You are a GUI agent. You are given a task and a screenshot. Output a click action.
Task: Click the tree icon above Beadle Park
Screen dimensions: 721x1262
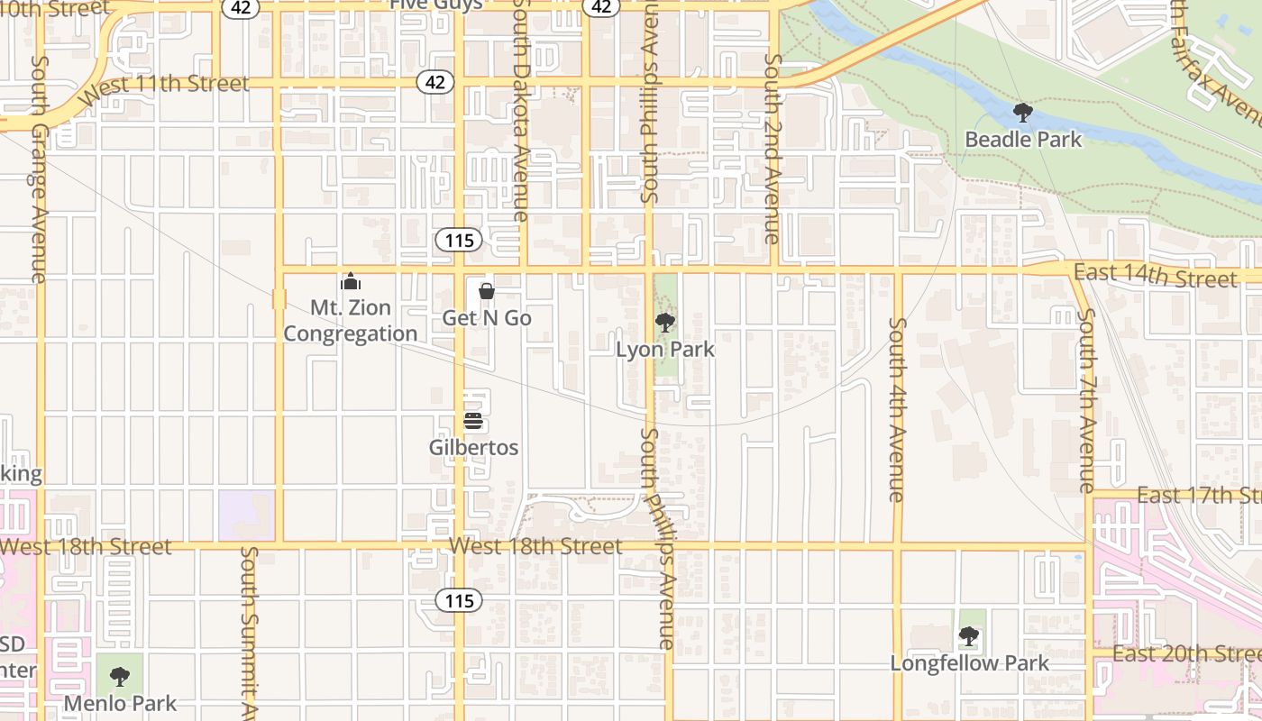pos(1022,113)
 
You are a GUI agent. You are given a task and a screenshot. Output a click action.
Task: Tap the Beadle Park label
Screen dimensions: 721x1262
pos(1023,140)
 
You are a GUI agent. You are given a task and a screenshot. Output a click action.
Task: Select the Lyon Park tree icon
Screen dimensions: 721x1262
pos(665,322)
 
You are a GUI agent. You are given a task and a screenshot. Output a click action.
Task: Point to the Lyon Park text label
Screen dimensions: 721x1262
pos(665,350)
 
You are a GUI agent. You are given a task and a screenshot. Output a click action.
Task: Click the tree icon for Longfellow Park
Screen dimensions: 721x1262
pos(969,636)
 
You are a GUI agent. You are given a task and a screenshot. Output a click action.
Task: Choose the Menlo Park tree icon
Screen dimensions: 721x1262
pos(119,676)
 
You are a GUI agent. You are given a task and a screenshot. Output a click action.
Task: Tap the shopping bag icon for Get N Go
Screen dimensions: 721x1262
pos(486,291)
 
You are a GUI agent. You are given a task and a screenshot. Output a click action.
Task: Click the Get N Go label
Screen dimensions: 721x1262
pos(486,318)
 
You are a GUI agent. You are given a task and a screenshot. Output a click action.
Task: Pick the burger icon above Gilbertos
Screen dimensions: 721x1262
pos(473,421)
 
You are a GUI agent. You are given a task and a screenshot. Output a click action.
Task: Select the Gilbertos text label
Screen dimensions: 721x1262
pos(473,447)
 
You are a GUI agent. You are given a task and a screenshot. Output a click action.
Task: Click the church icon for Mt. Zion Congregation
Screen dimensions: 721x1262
pos(351,281)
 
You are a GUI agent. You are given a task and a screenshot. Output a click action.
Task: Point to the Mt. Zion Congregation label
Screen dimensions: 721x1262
pos(351,321)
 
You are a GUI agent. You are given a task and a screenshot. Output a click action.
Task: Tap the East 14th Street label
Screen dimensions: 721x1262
pos(1156,276)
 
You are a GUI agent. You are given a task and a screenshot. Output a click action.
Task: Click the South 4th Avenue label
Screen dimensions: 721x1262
pos(896,409)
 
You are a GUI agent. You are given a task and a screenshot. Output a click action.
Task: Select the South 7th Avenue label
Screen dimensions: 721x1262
pos(1087,400)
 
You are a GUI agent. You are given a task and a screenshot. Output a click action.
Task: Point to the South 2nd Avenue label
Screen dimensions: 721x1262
pos(773,149)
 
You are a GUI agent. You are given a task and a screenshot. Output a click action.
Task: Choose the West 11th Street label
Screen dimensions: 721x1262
pos(164,87)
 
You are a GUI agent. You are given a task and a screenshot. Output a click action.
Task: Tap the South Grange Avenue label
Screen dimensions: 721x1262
pos(39,169)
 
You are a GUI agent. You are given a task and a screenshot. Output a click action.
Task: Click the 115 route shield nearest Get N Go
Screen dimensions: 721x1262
pos(459,241)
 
